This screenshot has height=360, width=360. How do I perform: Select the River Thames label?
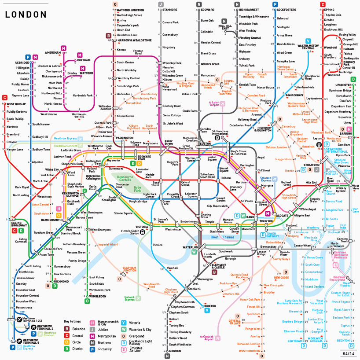222,237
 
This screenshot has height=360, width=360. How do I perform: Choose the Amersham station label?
53,53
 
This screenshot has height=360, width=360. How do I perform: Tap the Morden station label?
175,351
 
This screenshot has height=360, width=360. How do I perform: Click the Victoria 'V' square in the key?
125,322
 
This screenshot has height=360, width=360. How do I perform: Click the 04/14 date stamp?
349,353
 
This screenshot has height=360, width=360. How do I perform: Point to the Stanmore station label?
169,9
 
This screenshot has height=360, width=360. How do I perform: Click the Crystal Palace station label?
235,322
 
